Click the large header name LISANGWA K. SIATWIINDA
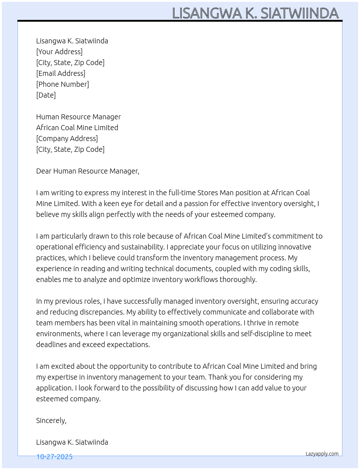coord(255,13)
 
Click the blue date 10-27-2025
coord(55,457)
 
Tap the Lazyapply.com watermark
coord(322,454)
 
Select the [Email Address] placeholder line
coord(61,73)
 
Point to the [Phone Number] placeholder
coord(63,84)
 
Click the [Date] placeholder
coord(46,95)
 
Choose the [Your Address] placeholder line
coord(59,52)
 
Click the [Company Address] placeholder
coord(67,138)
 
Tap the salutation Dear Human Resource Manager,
coord(87,171)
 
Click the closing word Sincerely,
coord(51,420)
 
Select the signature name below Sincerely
coord(72,442)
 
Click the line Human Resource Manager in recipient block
coord(78,117)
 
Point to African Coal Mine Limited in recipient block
coord(77,128)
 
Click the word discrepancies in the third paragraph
coord(102,312)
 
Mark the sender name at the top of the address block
coord(72,41)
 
